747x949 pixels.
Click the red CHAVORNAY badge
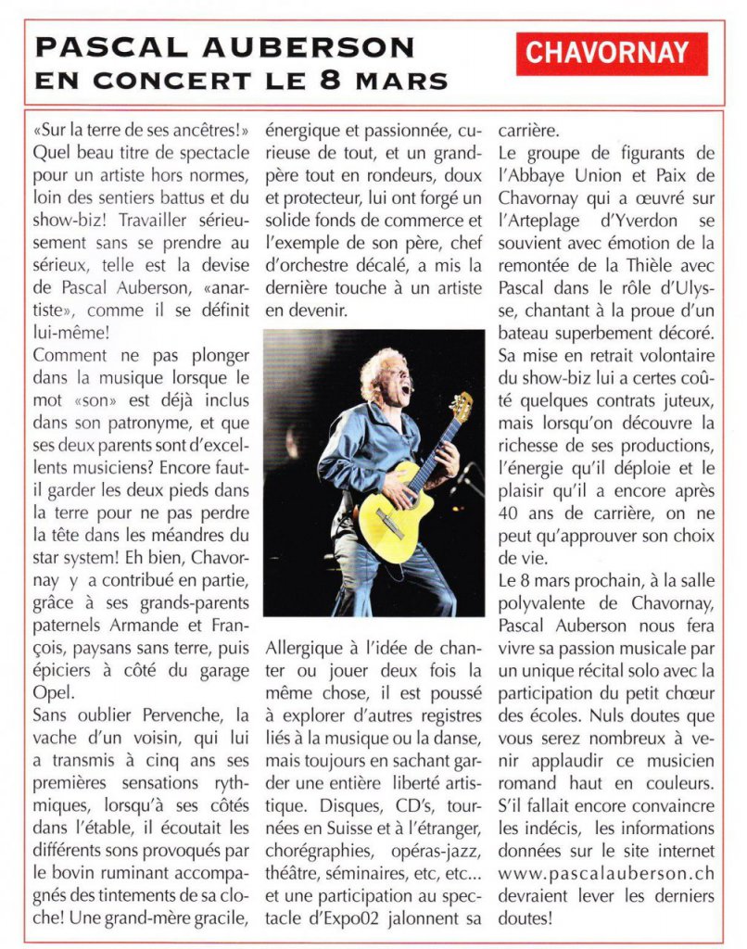[x=613, y=54]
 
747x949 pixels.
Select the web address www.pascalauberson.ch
[x=605, y=873]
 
